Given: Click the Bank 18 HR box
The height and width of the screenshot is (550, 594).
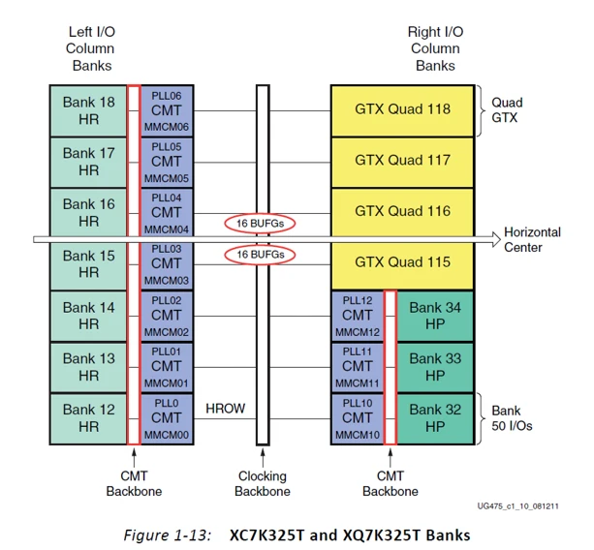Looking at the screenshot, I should tap(88, 110).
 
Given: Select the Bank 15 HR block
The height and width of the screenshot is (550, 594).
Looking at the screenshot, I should tap(88, 264).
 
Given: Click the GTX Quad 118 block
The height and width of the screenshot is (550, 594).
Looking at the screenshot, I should tap(402, 109).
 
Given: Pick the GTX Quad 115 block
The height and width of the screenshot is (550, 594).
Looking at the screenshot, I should tap(402, 263).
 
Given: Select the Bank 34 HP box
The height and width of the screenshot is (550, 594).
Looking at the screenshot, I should tap(434, 316).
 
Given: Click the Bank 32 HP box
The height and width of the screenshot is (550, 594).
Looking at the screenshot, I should tap(434, 418).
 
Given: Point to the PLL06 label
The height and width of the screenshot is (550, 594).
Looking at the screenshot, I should tap(167, 95).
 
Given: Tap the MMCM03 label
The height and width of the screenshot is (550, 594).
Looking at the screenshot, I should tap(167, 280).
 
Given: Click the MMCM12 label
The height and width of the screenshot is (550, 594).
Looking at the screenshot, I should tap(358, 331).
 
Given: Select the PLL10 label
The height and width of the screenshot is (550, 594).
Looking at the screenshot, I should tap(358, 402).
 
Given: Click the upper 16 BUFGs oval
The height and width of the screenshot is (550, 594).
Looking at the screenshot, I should tap(261, 224).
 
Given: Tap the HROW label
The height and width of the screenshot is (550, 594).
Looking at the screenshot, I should tap(225, 410).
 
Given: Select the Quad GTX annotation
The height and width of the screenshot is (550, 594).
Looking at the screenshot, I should tap(507, 109).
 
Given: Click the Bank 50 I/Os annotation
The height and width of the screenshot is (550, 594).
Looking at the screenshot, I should tap(513, 418).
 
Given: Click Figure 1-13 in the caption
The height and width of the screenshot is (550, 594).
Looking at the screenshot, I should tap(168, 532).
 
